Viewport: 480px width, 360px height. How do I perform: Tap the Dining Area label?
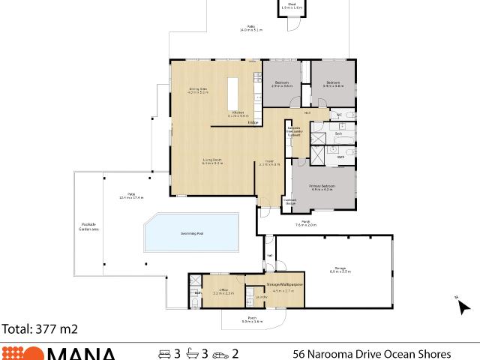pos(197,91)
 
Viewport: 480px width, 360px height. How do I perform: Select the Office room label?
pos(223,291)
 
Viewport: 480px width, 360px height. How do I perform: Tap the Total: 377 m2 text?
pos(40,328)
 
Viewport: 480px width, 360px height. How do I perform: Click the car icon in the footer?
pos(220,353)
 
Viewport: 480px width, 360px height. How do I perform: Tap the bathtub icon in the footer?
pos(193,353)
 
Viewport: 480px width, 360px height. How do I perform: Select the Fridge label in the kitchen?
pos(253,121)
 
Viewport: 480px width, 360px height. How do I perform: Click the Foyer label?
pos(269,162)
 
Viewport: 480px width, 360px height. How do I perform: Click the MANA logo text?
pos(82,354)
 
